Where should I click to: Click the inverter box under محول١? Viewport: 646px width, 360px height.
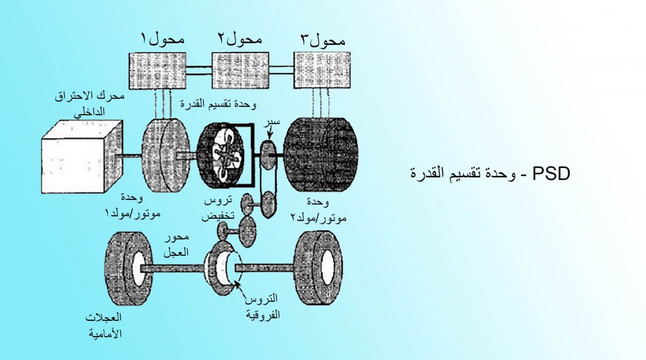pos(157,71)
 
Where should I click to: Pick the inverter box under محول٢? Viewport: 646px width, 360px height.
pos(240,71)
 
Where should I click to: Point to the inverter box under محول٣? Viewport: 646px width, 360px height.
pos(322,71)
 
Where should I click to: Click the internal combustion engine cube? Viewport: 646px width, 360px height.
pos(82,157)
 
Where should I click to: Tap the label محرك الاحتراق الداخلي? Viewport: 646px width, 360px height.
pos(90,103)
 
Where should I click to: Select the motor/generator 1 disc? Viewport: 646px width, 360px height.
pos(166,155)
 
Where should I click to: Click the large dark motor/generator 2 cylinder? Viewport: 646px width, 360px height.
pos(321,154)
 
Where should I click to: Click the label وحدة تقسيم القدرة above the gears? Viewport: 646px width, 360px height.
pos(218,104)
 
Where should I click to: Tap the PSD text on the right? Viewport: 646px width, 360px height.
pos(490,173)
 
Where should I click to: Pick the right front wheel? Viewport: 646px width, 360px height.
pos(319,268)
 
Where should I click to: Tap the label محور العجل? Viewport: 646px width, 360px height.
pos(177,245)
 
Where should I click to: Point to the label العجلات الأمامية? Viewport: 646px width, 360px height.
pos(103,325)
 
